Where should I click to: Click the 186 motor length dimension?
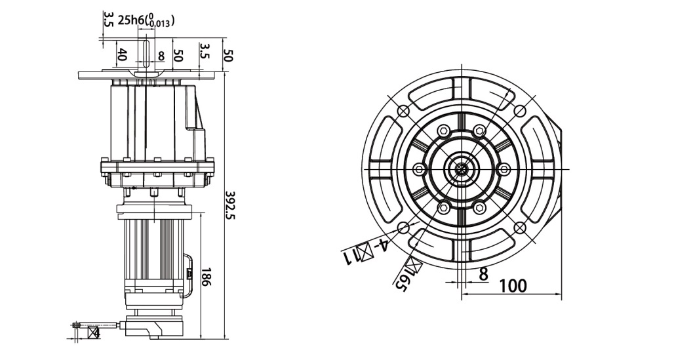pyautogui.click(x=205, y=280)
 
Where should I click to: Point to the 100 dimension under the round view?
pyautogui.click(x=513, y=286)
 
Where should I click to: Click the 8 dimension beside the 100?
pyautogui.click(x=483, y=274)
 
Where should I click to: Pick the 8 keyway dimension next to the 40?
pyautogui.click(x=161, y=56)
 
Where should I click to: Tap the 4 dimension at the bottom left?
pyautogui.click(x=96, y=332)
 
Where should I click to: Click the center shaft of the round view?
pyautogui.click(x=462, y=169)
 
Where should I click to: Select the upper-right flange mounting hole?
pyautogui.click(x=520, y=110)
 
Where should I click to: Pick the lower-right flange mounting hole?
pyautogui.click(x=520, y=228)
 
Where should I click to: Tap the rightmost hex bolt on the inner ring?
pyautogui.click(x=504, y=169)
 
